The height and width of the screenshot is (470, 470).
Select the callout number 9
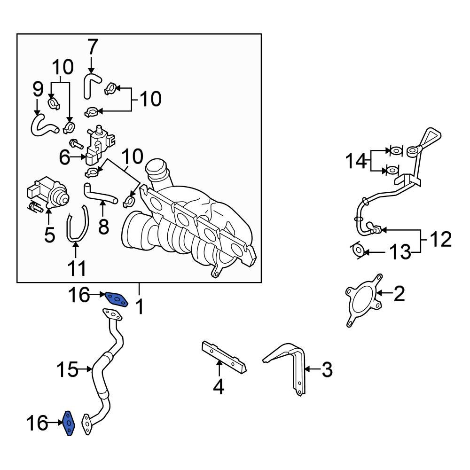click(x=38, y=90)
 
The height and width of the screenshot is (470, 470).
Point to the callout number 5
click(x=49, y=235)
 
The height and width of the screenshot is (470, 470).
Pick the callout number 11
click(x=77, y=268)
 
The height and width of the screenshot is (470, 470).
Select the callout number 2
click(x=398, y=294)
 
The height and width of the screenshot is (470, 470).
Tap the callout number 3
click(x=327, y=370)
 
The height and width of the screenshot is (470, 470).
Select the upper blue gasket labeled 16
click(x=116, y=298)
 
